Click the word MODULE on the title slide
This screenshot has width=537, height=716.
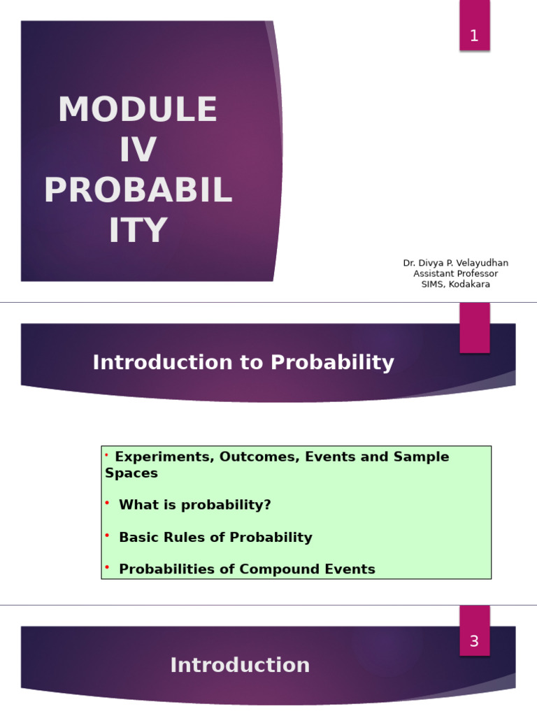tap(138, 109)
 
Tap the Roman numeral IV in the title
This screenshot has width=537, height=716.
tap(138, 150)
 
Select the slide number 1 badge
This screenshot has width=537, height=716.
tap(475, 26)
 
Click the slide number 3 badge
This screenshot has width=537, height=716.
tap(475, 631)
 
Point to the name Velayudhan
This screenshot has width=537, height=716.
tap(482, 263)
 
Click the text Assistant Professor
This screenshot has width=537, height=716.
tap(456, 273)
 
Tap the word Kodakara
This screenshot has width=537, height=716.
tap(469, 285)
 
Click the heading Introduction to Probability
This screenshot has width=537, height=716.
tap(243, 363)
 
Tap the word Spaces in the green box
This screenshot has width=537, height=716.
tap(131, 473)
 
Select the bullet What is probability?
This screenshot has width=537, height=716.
tap(195, 505)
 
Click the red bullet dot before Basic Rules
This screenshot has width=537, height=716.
tap(107, 535)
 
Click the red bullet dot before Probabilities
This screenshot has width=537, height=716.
tap(107, 567)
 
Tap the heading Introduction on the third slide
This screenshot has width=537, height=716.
tap(241, 665)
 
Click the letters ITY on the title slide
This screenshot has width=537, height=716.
tap(138, 229)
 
